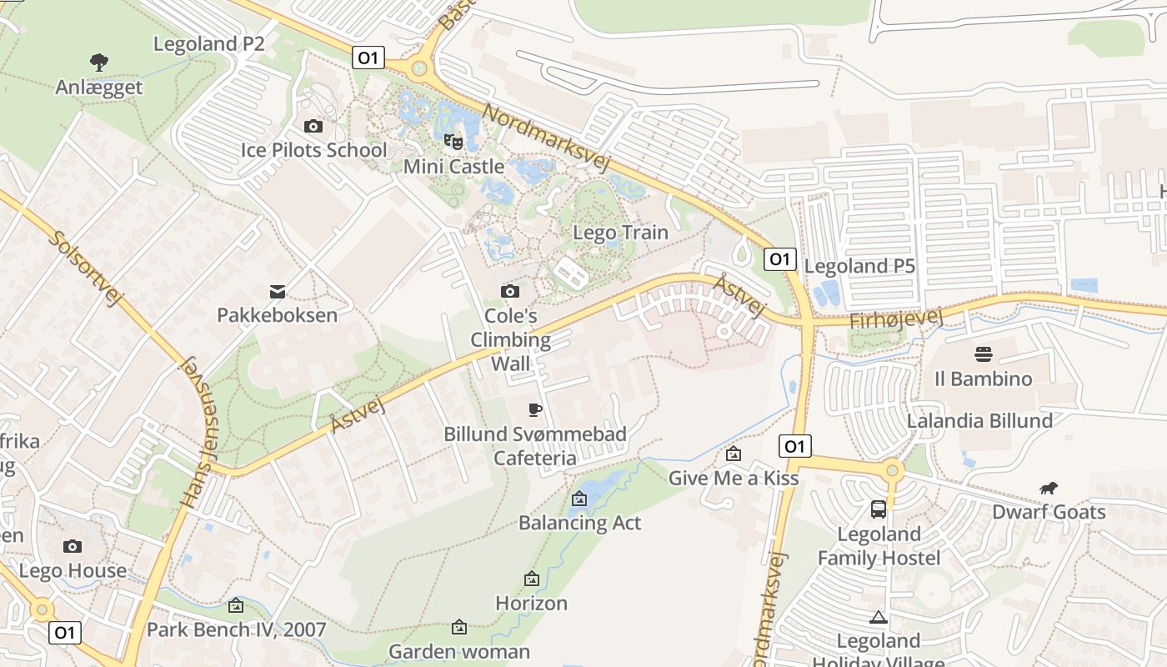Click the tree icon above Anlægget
99,61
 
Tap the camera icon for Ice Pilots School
313,126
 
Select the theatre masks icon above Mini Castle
453,141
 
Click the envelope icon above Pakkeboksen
278,291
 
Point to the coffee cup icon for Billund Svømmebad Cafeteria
534,409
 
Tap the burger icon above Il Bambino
983,354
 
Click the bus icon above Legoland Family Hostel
878,509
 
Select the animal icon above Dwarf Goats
1048,488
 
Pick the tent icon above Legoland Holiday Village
877,617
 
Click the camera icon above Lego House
73,546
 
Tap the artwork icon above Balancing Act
579,499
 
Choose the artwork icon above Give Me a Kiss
734,454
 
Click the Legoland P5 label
859,266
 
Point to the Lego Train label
620,233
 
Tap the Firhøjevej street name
895,319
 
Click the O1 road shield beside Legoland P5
779,259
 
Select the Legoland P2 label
208,43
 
